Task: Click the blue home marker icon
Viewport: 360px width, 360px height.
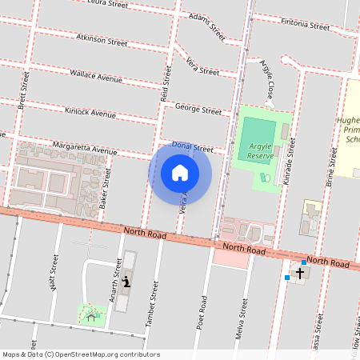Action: point(180,173)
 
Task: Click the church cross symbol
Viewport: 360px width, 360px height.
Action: point(300,274)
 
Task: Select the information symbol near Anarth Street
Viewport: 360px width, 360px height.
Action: point(126,282)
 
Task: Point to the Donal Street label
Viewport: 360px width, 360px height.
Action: point(192,148)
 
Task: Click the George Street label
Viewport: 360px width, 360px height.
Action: point(198,110)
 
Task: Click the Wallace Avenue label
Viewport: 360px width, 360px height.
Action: point(96,78)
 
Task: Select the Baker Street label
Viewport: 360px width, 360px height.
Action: point(105,190)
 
